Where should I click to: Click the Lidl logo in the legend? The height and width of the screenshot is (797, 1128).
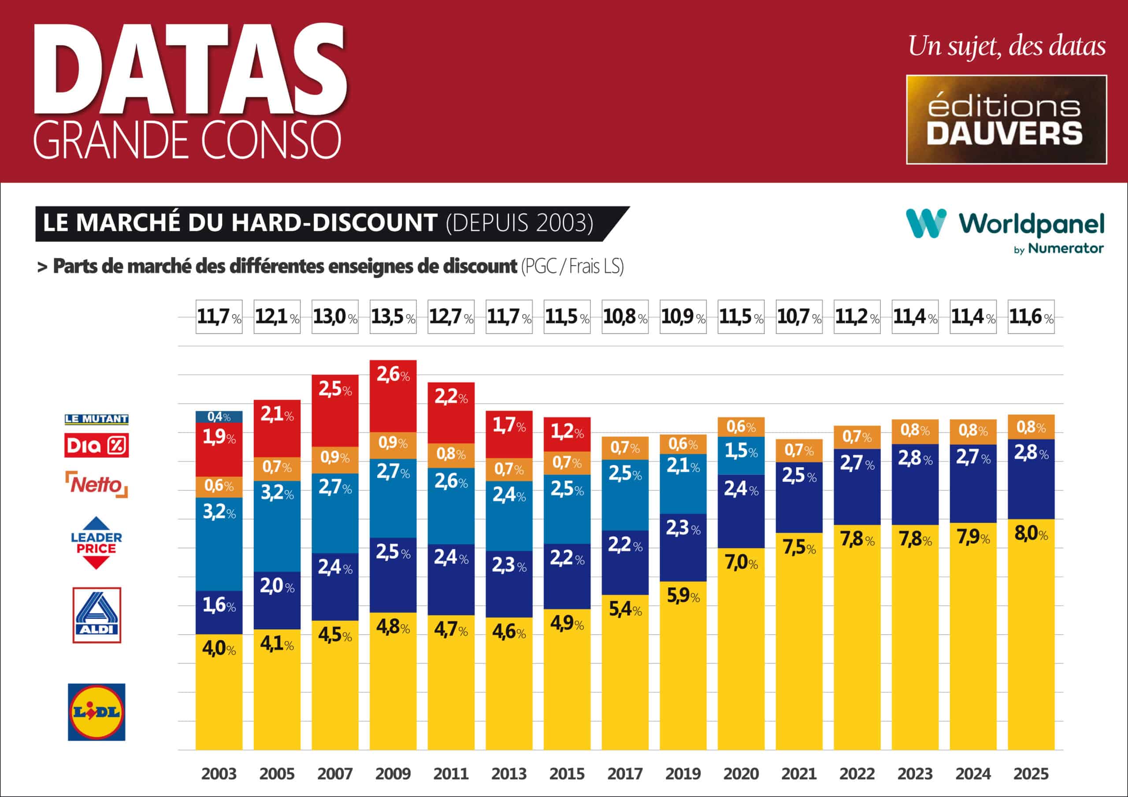[96, 712]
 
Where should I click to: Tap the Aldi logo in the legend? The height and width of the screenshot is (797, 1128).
[97, 615]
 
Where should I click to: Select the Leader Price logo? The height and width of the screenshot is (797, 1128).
[96, 542]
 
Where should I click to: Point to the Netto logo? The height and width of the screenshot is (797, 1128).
[97, 485]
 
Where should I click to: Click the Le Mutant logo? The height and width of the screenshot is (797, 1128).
[96, 419]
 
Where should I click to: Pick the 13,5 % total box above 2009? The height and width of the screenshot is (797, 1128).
[393, 317]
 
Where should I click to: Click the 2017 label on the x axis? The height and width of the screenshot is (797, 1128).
[625, 774]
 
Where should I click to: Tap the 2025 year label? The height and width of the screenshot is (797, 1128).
[1031, 774]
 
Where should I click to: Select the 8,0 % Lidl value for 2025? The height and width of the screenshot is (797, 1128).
[1031, 533]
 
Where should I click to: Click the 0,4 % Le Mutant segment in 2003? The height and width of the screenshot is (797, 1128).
[219, 417]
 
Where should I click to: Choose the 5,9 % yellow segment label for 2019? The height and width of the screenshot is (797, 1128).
[683, 596]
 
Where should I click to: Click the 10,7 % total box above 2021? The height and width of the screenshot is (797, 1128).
[799, 317]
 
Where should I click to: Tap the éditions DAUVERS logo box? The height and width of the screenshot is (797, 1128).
[1006, 119]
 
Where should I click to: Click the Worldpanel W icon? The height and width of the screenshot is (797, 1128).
[926, 223]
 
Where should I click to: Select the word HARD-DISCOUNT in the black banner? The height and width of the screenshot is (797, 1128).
[334, 223]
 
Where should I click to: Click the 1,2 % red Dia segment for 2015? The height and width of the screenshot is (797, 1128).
[567, 432]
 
